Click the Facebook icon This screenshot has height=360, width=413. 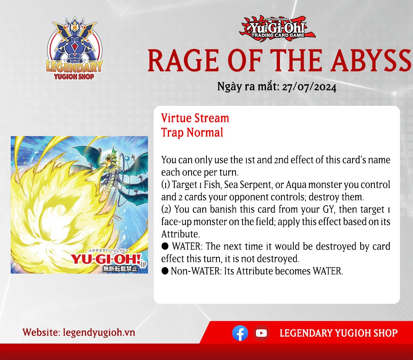[240, 333]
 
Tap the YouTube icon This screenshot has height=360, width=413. [261, 333]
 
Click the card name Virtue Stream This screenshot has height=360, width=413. [195, 118]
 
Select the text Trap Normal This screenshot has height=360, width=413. [192, 132]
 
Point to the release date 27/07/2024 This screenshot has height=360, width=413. [309, 87]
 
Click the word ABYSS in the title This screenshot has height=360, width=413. [371, 60]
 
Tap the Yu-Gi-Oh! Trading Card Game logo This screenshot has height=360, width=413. [277, 28]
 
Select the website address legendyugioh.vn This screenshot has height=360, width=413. [99, 332]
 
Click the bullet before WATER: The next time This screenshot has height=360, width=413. [165, 246]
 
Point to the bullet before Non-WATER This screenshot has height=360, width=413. [165, 271]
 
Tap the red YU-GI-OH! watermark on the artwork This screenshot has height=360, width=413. [106, 259]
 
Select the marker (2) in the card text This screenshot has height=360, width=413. [166, 209]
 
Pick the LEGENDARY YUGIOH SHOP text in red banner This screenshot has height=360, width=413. [338, 333]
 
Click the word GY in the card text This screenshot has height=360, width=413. [328, 209]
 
